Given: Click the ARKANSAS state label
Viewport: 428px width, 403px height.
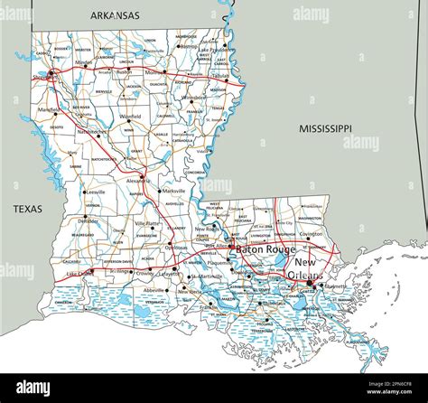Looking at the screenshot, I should point(115,15).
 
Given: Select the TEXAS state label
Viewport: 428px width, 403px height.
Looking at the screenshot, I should point(27,209).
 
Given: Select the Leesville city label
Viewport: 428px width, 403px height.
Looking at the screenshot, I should point(98,192).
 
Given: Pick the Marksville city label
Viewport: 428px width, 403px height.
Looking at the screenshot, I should point(173,192).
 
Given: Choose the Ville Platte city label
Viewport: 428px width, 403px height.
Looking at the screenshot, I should point(148,222).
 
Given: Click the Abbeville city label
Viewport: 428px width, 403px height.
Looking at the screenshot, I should point(154,290).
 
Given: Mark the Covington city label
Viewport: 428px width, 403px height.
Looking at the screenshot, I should point(312,233).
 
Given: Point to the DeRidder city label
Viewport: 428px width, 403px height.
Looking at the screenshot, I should point(88,220).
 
